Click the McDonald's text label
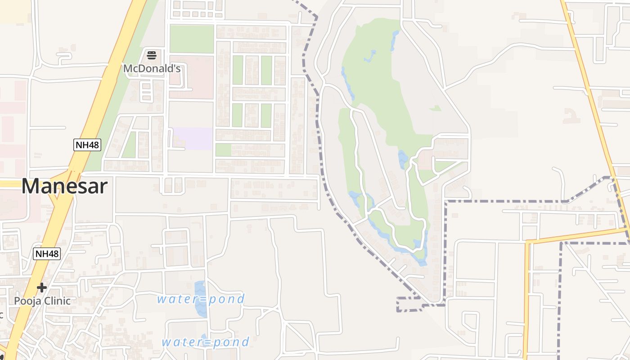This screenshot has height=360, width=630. pyautogui.click(x=152, y=69)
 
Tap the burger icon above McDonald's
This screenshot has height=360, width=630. pyautogui.click(x=152, y=56)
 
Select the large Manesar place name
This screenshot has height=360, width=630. pyautogui.click(x=64, y=186)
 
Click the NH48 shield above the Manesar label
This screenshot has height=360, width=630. pyautogui.click(x=87, y=144)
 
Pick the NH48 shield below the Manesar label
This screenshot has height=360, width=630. pyautogui.click(x=47, y=254)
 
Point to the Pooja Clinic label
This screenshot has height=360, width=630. pyautogui.click(x=42, y=301)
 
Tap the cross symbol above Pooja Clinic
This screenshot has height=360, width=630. pyautogui.click(x=42, y=287)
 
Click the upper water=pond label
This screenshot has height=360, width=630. pyautogui.click(x=201, y=299)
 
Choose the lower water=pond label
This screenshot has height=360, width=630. pyautogui.click(x=205, y=342)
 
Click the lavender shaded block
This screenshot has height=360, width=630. pyautogui.click(x=193, y=139)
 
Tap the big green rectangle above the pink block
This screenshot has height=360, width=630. pyautogui.click(x=192, y=39)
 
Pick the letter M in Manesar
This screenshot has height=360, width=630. pyautogui.click(x=31, y=186)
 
